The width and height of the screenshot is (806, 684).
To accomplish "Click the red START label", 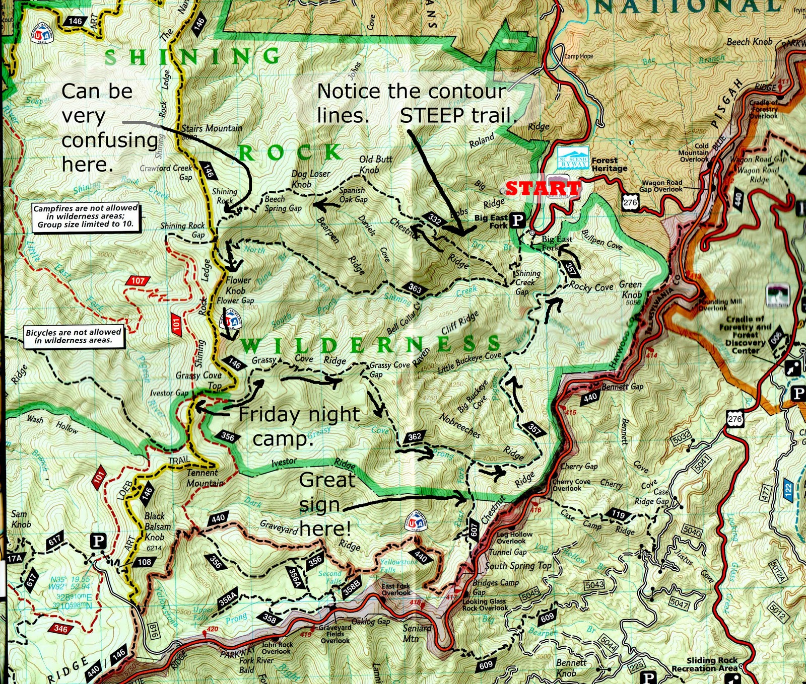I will coord(543,188).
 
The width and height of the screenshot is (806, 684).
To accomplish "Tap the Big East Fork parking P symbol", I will coord(518,220).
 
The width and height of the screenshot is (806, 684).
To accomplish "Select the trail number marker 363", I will coord(415,289).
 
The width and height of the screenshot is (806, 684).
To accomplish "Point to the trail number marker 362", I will coord(415,436).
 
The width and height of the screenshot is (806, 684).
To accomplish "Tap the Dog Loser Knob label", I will coord(310,179).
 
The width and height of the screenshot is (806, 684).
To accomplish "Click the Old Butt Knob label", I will coord(376,164).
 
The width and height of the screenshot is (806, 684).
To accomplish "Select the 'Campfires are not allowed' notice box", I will coord(86,216).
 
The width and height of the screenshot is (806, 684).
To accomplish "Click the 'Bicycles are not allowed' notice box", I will coord(74,336).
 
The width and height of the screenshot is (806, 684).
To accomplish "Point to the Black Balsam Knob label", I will coord(157,526).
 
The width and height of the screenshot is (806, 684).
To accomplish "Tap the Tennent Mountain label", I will coord(204,478).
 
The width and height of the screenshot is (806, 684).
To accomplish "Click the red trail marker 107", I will coord(138,281).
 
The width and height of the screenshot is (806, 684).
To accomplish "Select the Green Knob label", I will coord(631,290).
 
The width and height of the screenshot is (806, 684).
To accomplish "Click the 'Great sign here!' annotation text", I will coord(326,504).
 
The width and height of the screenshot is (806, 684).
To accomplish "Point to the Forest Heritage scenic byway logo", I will coord(573,158).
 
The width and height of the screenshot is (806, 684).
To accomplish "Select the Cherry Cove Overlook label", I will coord(571,485).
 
